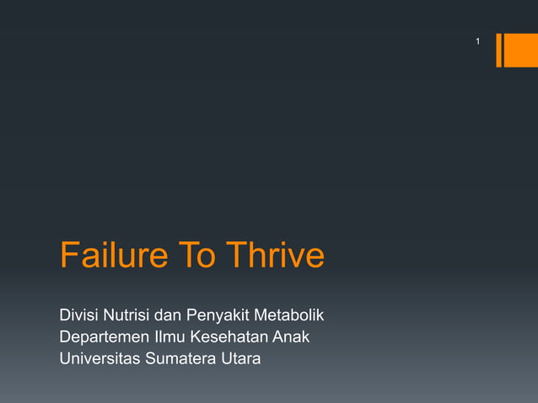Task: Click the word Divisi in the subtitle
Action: click(79, 317)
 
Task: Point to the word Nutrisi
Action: click(129, 317)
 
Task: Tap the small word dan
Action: click(172, 317)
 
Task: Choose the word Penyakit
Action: click(220, 318)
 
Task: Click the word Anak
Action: click(291, 338)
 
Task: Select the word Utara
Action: click(239, 359)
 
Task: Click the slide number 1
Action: click(477, 41)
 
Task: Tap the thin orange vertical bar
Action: click(499, 50)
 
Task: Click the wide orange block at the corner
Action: click(522, 50)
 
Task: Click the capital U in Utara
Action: click(224, 359)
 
